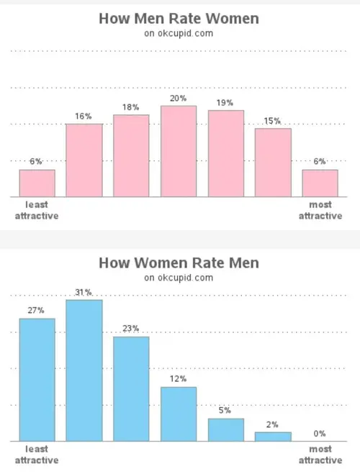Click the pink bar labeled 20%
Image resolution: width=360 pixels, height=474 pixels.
coord(179,151)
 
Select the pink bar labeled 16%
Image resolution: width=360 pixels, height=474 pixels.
coord(84,160)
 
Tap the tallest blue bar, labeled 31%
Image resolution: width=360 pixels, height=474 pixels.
coord(84,370)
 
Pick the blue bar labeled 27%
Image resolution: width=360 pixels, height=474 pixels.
coord(37,380)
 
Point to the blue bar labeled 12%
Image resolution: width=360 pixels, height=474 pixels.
coord(179,414)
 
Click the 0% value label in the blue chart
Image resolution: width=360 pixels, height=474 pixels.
coord(320,434)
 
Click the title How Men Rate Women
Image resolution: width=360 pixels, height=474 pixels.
coord(179,19)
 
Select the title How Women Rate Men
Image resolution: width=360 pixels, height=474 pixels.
coord(179,263)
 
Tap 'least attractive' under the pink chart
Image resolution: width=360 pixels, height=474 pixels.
coord(37,211)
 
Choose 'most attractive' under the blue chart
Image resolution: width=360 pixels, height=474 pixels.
coord(320,455)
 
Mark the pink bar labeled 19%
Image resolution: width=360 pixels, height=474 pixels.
coord(226,153)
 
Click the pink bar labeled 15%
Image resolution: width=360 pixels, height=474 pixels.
coord(273,162)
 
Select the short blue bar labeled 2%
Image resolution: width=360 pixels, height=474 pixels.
coord(273,436)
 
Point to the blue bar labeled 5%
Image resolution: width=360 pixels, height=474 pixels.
coord(226,429)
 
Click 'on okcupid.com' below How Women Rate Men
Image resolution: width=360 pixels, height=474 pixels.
coord(179,278)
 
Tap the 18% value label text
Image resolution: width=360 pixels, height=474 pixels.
coord(131,107)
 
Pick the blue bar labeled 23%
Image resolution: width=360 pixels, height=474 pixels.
coord(131,388)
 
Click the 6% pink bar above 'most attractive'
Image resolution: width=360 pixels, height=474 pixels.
coord(320,183)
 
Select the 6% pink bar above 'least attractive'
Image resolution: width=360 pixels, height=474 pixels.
coord(37,183)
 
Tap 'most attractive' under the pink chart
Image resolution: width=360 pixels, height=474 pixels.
coord(320,211)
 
